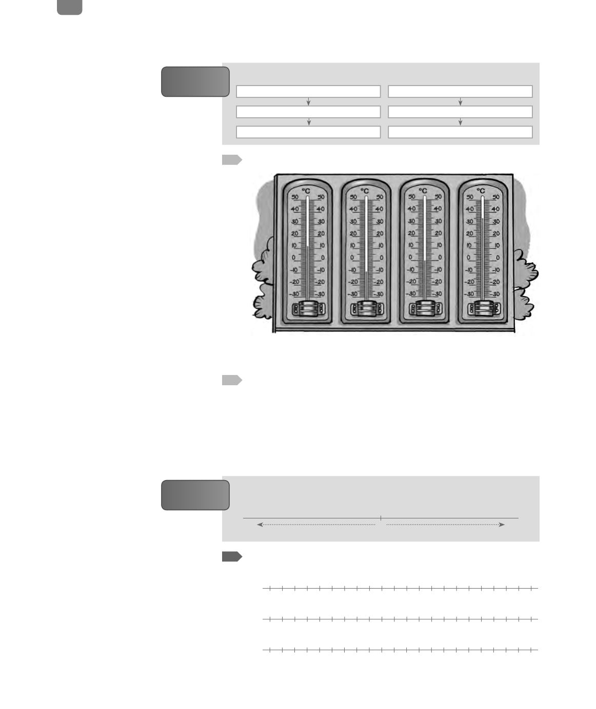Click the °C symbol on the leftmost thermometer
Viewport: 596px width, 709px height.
306,191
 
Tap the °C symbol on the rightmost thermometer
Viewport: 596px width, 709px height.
481,191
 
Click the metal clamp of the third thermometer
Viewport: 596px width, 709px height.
425,308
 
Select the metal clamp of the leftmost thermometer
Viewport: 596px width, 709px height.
308,308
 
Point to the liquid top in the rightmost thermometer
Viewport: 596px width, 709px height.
483,218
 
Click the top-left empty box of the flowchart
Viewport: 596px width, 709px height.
308,91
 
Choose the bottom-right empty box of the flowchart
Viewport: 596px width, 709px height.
460,132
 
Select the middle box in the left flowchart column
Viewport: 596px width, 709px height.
308,112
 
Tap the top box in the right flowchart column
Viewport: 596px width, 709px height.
460,91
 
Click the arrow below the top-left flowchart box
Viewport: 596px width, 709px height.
308,101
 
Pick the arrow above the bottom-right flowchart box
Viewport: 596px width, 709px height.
460,122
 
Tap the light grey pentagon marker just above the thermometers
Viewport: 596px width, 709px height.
232,160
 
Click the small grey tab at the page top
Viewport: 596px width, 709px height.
69,7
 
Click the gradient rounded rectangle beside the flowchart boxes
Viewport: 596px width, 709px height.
195,81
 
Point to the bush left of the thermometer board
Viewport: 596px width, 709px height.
263,279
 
